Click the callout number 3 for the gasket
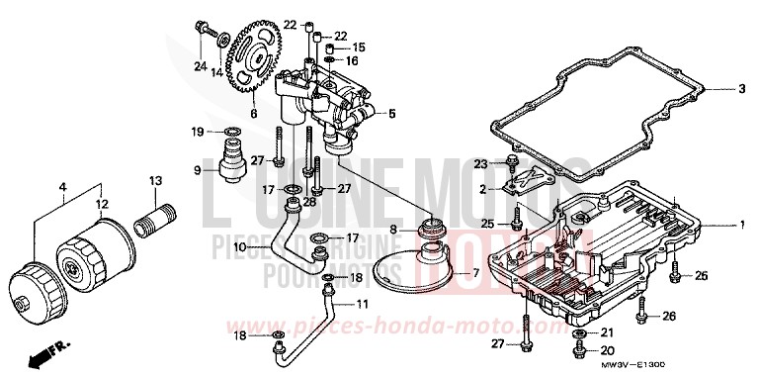[x=740, y=89]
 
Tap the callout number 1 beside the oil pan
[x=740, y=226]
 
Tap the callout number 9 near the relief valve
[x=197, y=170]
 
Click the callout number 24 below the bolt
[x=201, y=67]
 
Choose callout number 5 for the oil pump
[x=390, y=114]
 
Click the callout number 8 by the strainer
[x=392, y=230]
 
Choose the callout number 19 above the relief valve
[x=197, y=132]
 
